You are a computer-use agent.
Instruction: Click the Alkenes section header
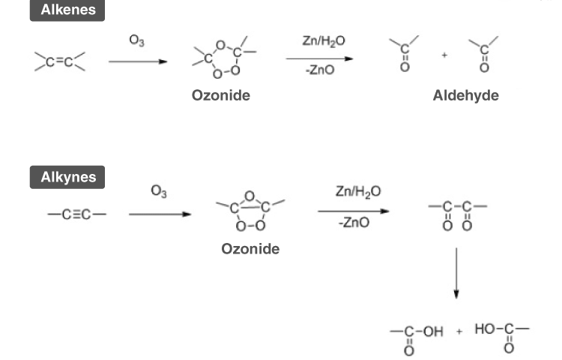(67, 11)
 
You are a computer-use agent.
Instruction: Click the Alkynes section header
(67, 178)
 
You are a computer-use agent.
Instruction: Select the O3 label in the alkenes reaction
(136, 41)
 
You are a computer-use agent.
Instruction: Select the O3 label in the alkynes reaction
(159, 193)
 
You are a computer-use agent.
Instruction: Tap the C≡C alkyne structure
(76, 214)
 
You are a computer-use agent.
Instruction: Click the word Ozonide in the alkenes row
(220, 96)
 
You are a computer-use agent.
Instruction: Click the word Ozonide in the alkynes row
(250, 248)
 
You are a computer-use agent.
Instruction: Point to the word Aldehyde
(465, 96)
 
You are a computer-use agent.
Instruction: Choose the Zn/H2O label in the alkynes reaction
(358, 192)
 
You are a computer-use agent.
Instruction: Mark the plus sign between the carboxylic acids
(459, 331)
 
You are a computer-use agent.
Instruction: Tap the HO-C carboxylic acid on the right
(500, 334)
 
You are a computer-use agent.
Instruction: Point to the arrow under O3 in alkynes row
(159, 214)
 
